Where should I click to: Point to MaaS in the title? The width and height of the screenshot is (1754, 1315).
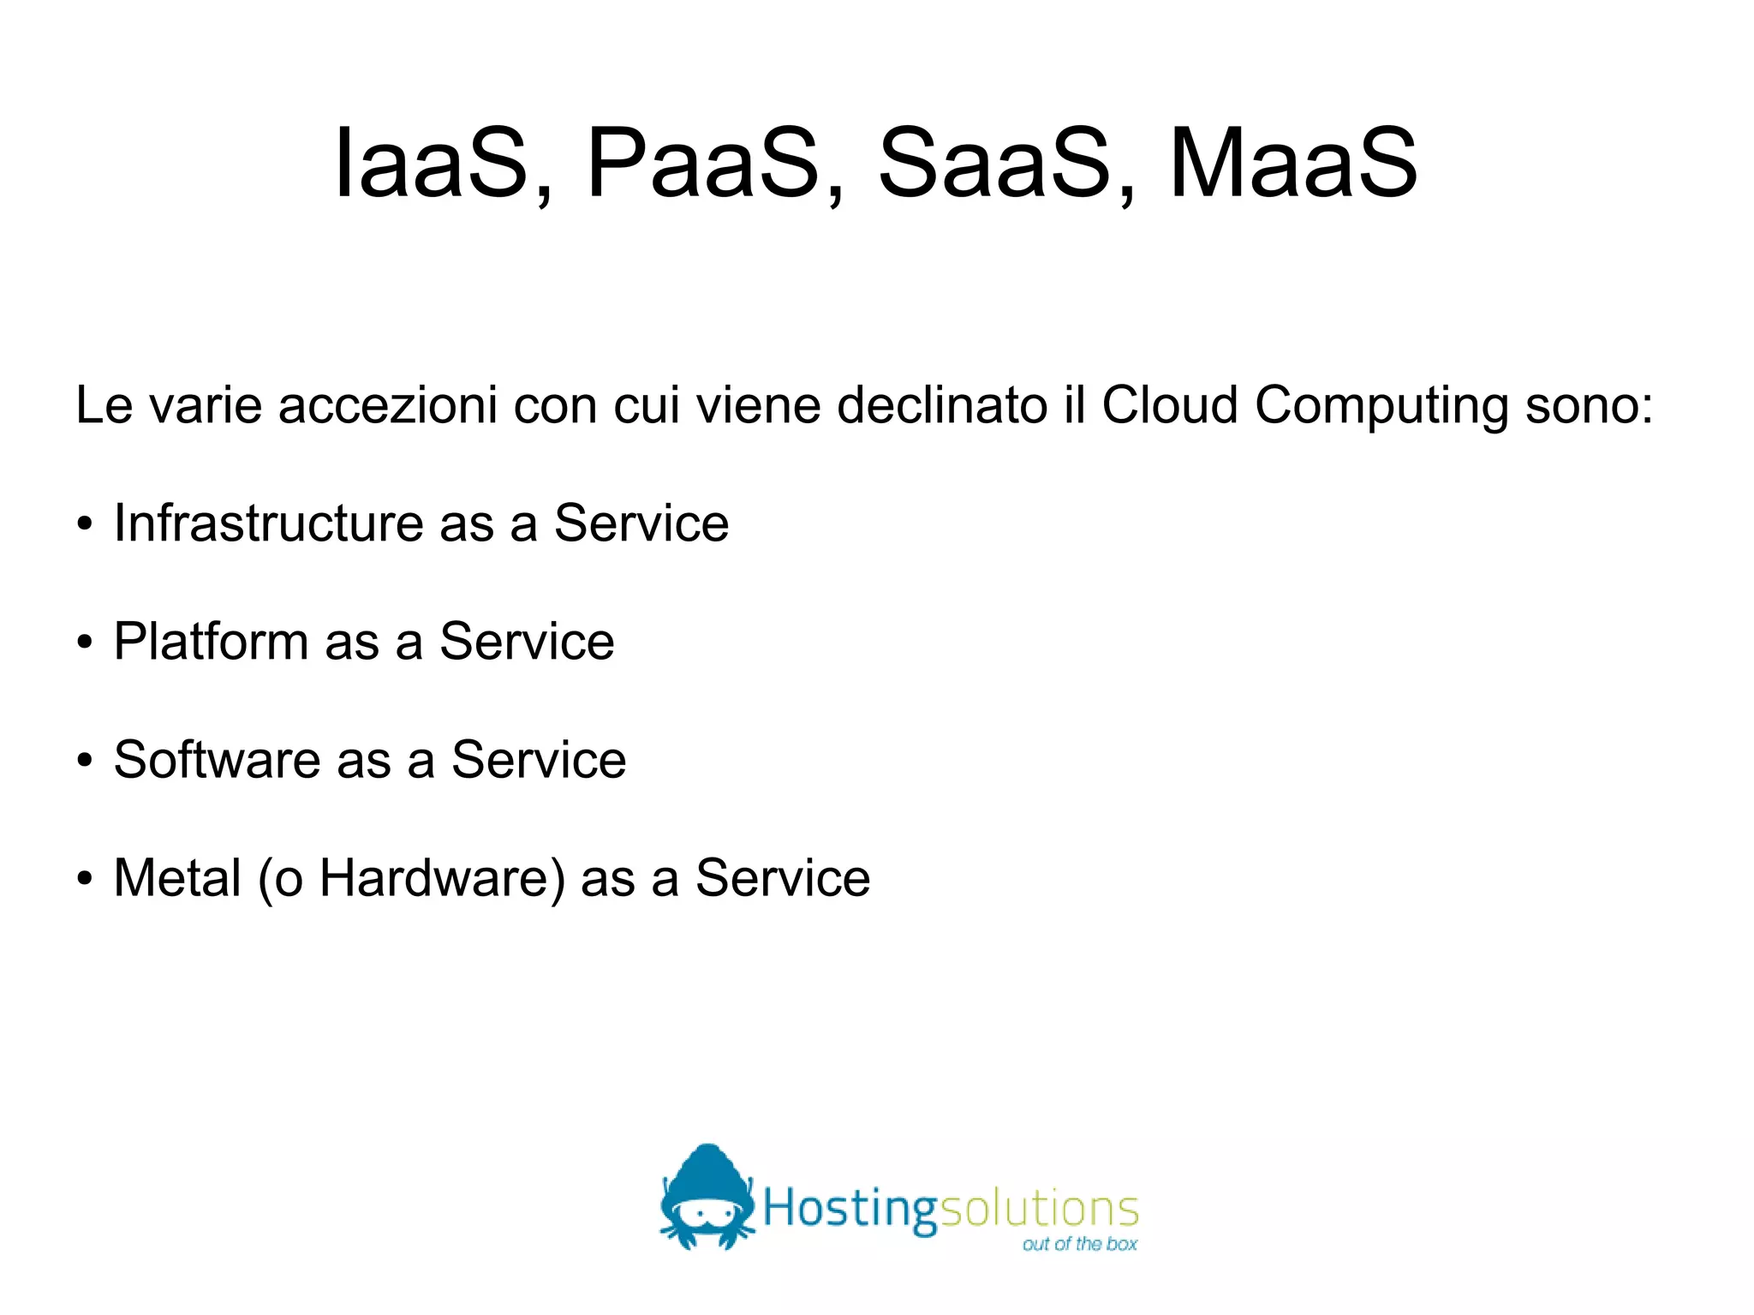point(1293,163)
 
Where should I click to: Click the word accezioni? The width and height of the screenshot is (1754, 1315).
point(387,404)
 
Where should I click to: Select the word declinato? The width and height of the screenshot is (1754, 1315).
point(942,404)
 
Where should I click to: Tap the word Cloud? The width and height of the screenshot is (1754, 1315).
point(1169,404)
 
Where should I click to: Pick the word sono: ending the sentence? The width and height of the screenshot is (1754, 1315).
point(1589,404)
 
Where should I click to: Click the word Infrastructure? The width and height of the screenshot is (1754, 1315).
point(269,523)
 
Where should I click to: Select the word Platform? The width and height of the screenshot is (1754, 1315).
point(211,641)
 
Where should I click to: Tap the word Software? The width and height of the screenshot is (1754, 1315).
point(217,759)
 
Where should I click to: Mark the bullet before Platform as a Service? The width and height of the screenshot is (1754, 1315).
point(84,643)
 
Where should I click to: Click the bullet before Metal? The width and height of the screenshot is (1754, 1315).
point(84,879)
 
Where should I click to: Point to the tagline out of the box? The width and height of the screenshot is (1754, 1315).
point(1079,1244)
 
